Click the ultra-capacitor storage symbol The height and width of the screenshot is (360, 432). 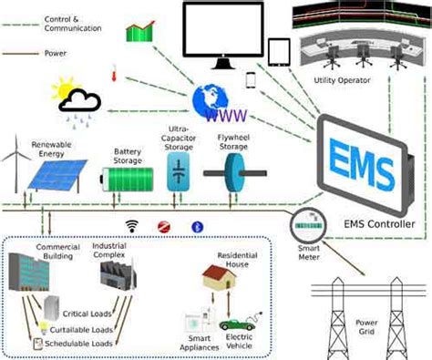click(x=179, y=170)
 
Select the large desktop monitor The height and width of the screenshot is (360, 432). click(x=222, y=33)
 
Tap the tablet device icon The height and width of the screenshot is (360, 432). click(x=280, y=50)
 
